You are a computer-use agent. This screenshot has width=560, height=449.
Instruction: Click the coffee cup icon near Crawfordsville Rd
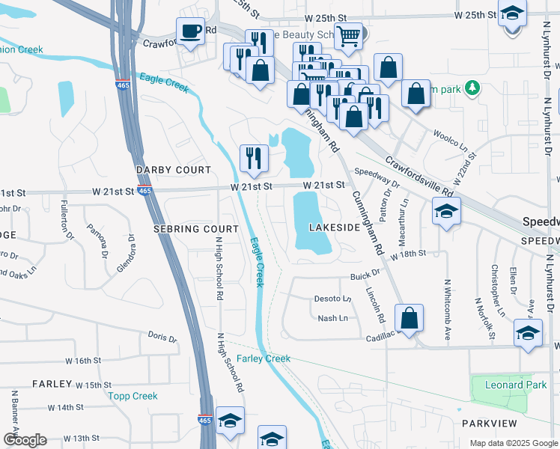click(x=190, y=31)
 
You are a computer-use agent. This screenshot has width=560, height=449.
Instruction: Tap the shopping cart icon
click(x=348, y=34)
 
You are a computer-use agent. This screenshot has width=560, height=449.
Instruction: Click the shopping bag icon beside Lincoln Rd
click(x=410, y=317)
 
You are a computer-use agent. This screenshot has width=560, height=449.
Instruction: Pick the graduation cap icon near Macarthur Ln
click(x=445, y=212)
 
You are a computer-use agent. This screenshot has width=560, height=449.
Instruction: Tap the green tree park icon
click(x=472, y=89)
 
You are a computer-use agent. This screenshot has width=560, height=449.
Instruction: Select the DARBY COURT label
click(x=174, y=170)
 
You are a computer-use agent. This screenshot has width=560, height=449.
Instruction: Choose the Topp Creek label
click(x=133, y=396)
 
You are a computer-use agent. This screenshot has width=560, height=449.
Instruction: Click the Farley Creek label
click(x=264, y=359)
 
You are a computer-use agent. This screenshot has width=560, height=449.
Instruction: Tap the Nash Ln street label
click(x=332, y=318)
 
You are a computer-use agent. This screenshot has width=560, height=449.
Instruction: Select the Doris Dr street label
click(x=162, y=337)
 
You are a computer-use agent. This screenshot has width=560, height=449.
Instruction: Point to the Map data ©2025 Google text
click(x=513, y=443)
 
